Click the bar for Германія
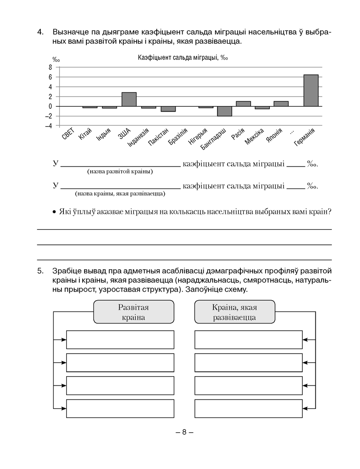point(311,91)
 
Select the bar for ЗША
point(129,99)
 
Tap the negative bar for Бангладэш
point(224,111)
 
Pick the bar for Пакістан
point(168,109)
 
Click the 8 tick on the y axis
point(50,67)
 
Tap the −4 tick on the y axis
point(49,126)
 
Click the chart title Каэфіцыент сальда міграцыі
point(183,58)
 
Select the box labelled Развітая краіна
point(134,312)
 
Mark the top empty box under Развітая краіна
point(120,340)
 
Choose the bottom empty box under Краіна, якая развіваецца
point(248,408)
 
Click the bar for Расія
point(243,104)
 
